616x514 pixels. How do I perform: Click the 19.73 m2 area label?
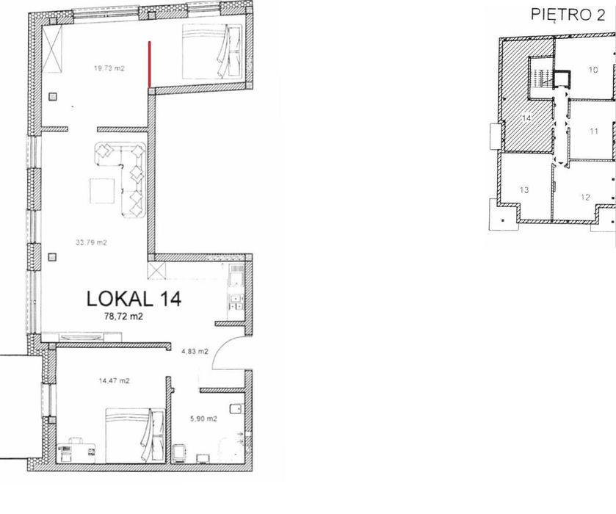tap(109, 68)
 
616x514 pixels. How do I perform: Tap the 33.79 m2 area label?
tap(91, 242)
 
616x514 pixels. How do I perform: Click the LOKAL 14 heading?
tap(134, 299)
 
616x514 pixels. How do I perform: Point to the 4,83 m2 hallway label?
tap(195, 352)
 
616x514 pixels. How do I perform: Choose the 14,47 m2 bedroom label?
tap(115, 381)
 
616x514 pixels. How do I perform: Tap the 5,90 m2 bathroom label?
tap(203, 419)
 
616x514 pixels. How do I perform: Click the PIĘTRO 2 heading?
tap(568, 15)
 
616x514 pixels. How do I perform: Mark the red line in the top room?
tap(149, 64)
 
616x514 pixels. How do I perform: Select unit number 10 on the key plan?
tap(593, 70)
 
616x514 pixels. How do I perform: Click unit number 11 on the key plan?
tap(594, 131)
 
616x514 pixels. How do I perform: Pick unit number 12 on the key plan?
tap(585, 197)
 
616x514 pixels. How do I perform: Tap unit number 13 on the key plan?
tap(524, 190)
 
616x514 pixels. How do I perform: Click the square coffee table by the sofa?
tap(102, 191)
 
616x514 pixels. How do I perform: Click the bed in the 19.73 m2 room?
tap(212, 51)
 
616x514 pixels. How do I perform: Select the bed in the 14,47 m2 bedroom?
tap(135, 435)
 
